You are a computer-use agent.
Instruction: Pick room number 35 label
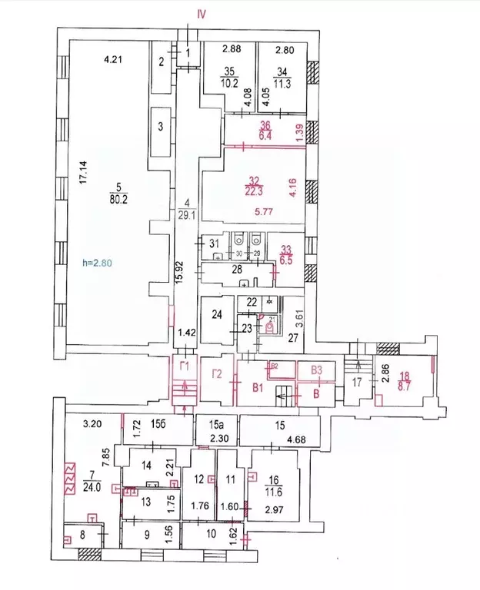tap(228, 71)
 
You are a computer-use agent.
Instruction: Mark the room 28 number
tap(237, 269)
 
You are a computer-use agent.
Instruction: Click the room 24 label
tap(218, 313)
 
